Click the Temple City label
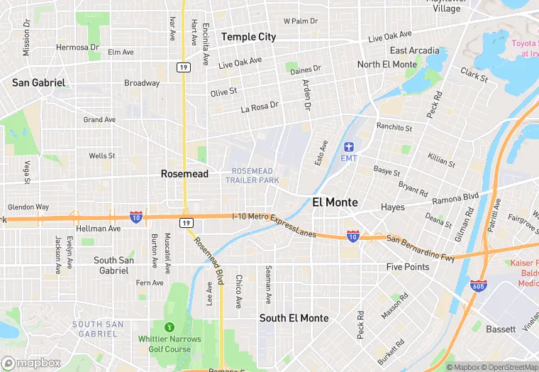pyautogui.click(x=248, y=37)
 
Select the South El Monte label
pyautogui.click(x=294, y=318)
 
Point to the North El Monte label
pyautogui.click(x=387, y=65)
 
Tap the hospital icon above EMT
pyautogui.click(x=349, y=146)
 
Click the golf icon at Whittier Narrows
pyautogui.click(x=170, y=327)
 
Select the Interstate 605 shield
pyautogui.click(x=478, y=285)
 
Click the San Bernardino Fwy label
pyautogui.click(x=421, y=248)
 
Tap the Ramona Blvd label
pyautogui.click(x=455, y=198)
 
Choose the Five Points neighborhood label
pyautogui.click(x=408, y=267)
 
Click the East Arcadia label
pyautogui.click(x=414, y=51)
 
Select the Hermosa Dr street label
pyautogui.click(x=77, y=48)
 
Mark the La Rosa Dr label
pyautogui.click(x=260, y=106)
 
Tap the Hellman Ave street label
pyautogui.click(x=99, y=229)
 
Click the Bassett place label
pyautogui.click(x=501, y=329)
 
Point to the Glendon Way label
pyautogui.click(x=28, y=207)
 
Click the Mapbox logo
pyautogui.click(x=31, y=363)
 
